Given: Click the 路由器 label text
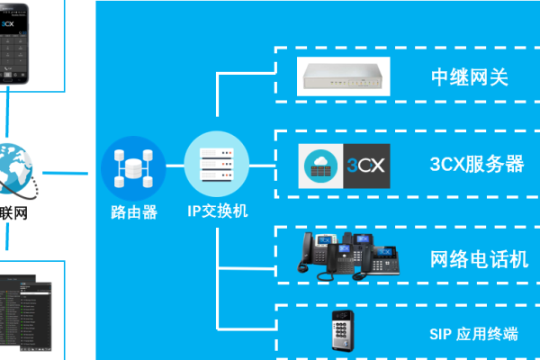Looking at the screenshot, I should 134,212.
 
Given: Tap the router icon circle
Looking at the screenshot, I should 134,167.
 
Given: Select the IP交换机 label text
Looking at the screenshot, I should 218,212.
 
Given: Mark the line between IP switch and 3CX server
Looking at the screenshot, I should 261,166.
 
